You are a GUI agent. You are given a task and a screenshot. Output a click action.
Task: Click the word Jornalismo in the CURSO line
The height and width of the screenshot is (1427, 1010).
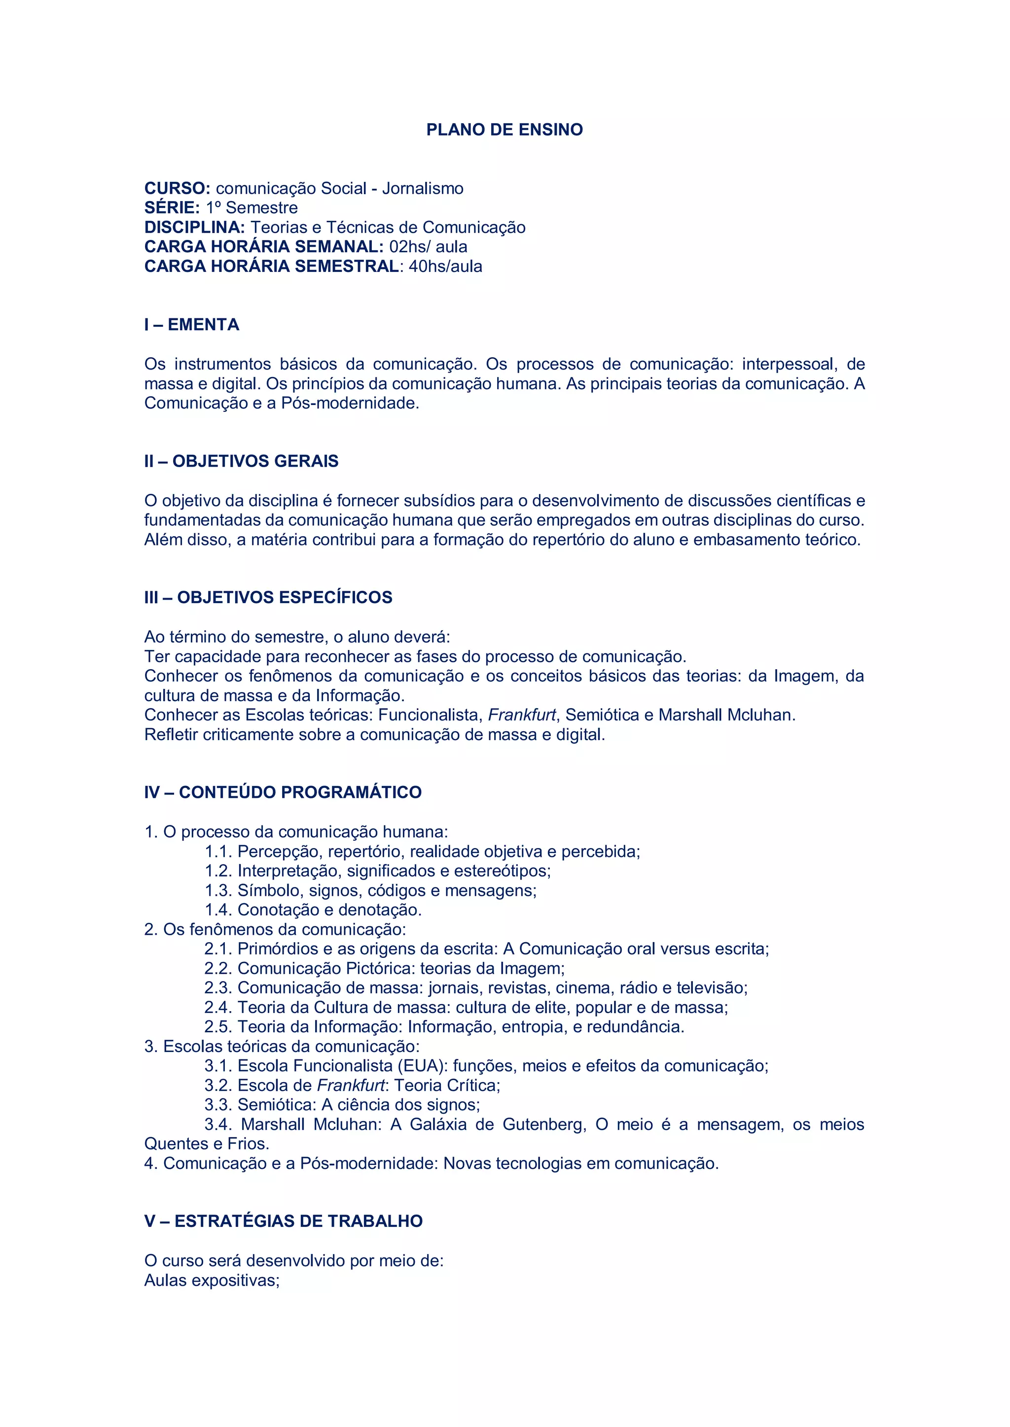click(x=423, y=188)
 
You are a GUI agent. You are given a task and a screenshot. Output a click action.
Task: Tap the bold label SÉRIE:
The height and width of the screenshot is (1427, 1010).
click(x=172, y=207)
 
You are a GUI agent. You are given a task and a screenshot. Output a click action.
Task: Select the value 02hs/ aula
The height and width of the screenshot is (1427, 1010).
click(x=428, y=247)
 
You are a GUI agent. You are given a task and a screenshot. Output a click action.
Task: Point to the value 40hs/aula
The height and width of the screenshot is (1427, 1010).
click(x=445, y=267)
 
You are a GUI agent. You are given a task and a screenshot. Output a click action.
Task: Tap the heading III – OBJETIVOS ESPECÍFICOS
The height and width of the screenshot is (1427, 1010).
click(x=268, y=597)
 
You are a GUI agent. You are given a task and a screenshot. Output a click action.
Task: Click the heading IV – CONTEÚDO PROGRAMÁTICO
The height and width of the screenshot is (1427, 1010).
click(x=283, y=792)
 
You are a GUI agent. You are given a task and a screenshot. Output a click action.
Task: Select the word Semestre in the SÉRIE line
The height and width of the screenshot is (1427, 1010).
click(x=261, y=207)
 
